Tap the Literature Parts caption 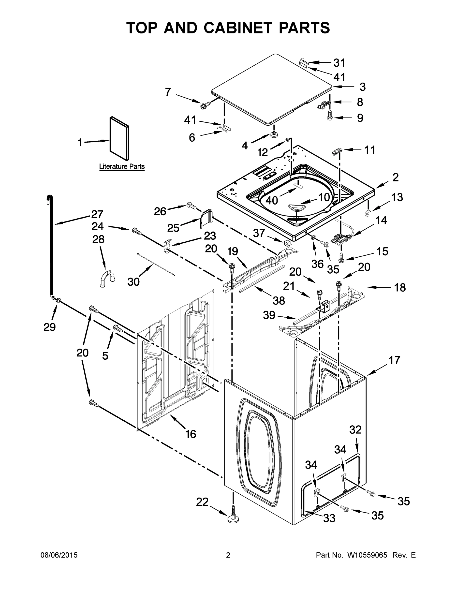pyautogui.click(x=122, y=166)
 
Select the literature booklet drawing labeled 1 pyautogui.click(x=119, y=138)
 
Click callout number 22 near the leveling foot pyautogui.click(x=202, y=502)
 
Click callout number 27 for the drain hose pyautogui.click(x=97, y=214)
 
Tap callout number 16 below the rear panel pyautogui.click(x=191, y=434)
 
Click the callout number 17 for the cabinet pyautogui.click(x=394, y=360)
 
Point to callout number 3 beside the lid pyautogui.click(x=363, y=87)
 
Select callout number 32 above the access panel pyautogui.click(x=355, y=429)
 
